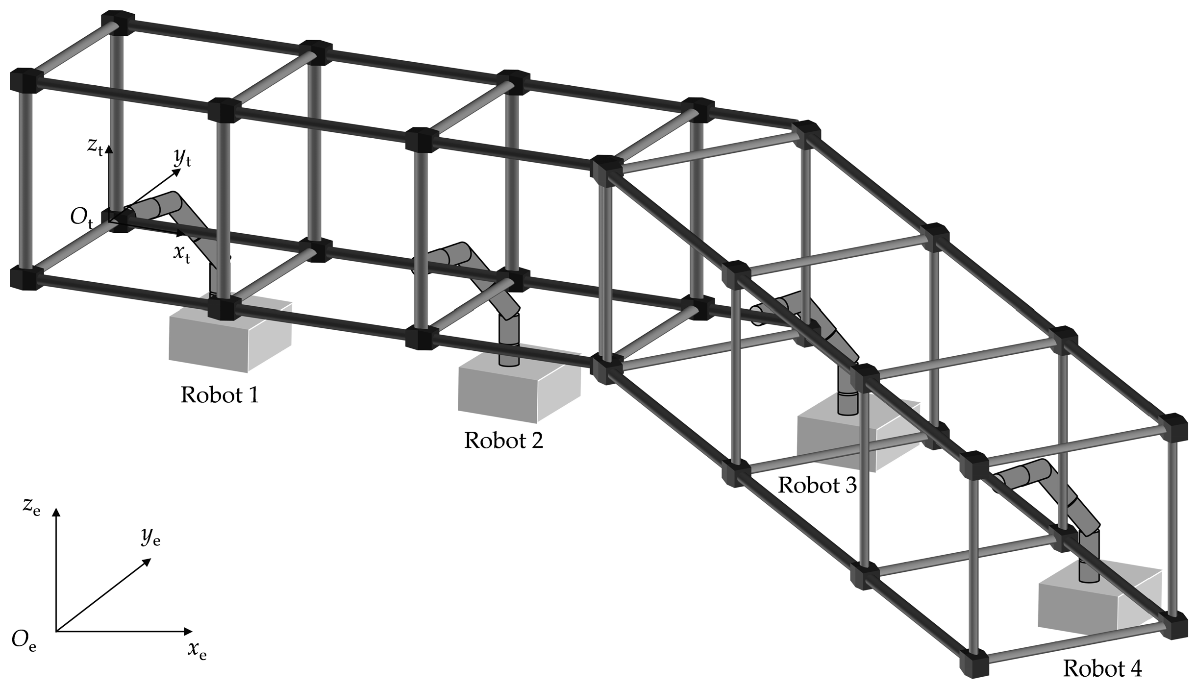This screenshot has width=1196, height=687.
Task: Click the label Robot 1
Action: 220,395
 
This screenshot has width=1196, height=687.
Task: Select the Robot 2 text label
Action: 503,440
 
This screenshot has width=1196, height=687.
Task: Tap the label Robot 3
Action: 817,485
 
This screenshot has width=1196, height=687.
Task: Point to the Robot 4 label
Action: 1102,668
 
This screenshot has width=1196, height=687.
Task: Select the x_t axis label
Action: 181,254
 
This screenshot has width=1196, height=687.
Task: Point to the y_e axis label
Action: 151,538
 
